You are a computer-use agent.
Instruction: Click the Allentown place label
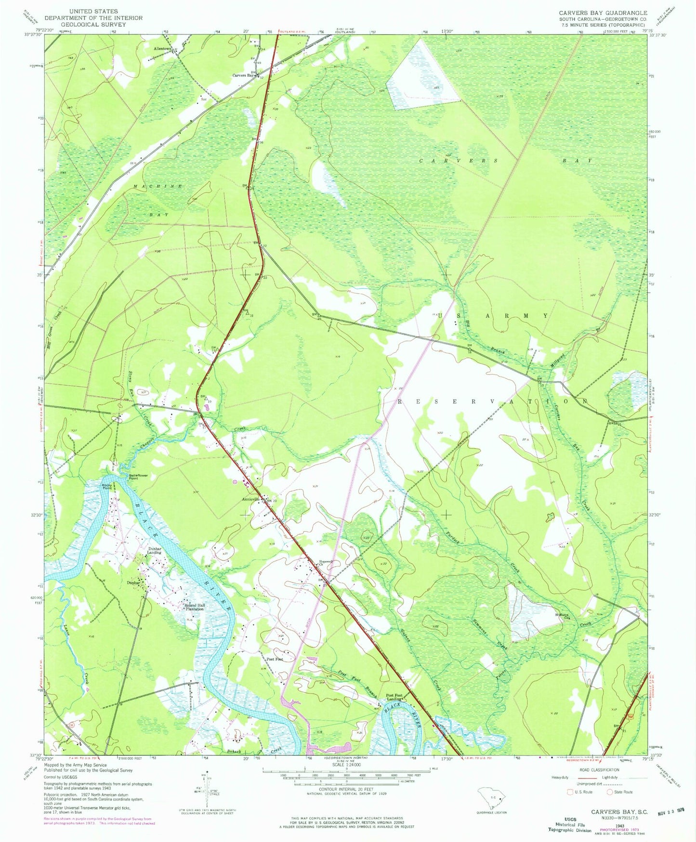(x=162, y=49)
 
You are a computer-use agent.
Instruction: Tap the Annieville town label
(x=250, y=499)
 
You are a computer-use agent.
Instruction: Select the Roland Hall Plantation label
(x=192, y=607)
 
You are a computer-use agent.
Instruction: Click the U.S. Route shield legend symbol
(x=572, y=792)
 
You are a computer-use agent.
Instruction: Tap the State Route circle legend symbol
(x=609, y=792)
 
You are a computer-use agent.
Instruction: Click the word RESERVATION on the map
(x=492, y=401)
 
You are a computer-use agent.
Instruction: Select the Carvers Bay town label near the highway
(x=243, y=76)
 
